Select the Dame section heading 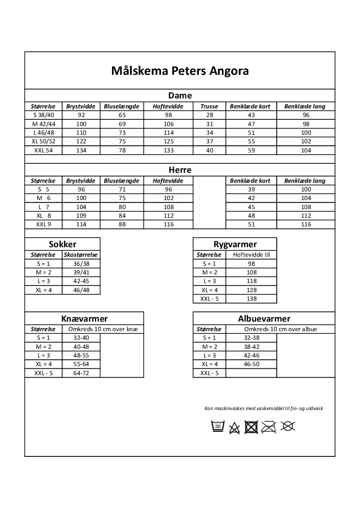click(x=180, y=96)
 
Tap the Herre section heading click(x=180, y=170)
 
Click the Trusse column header click(x=209, y=107)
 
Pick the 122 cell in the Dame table click(x=81, y=142)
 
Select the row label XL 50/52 click(x=44, y=142)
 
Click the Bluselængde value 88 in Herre click(x=122, y=225)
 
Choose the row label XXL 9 click(x=44, y=225)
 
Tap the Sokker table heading click(x=63, y=244)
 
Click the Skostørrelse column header click(x=81, y=255)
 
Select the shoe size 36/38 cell click(x=81, y=264)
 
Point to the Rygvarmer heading click(x=235, y=245)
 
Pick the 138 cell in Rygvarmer click(x=251, y=299)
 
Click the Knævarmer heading click(x=84, y=318)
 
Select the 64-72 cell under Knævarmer click(x=81, y=373)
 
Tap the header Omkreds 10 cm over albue click(x=280, y=329)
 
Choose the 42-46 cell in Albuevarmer click(x=251, y=356)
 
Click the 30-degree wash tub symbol click(x=218, y=426)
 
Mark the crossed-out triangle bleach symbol click(x=234, y=427)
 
